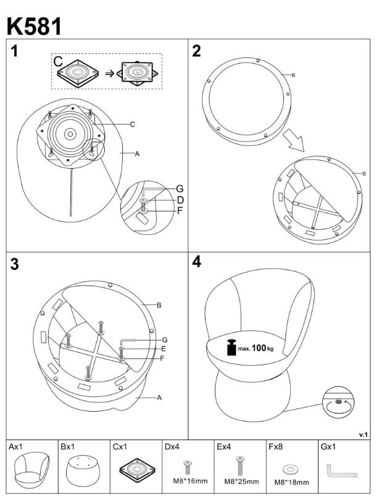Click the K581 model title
coord(34,27)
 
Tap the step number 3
coord(14,265)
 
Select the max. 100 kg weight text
coord(256,348)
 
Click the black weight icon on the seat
coord(231,347)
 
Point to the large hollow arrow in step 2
coord(294,140)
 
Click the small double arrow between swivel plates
coord(109,73)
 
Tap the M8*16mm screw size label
coord(190,481)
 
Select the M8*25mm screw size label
coord(241,482)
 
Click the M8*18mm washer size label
coord(291,482)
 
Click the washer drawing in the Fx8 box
coord(291,469)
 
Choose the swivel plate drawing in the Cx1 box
coord(138,470)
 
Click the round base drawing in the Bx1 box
coord(83,470)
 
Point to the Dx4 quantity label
coord(172,447)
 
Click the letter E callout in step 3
coord(164,349)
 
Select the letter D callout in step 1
coord(180,200)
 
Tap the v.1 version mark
coord(363,435)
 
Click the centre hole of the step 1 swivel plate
coord(70,134)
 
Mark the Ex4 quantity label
coord(224,447)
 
